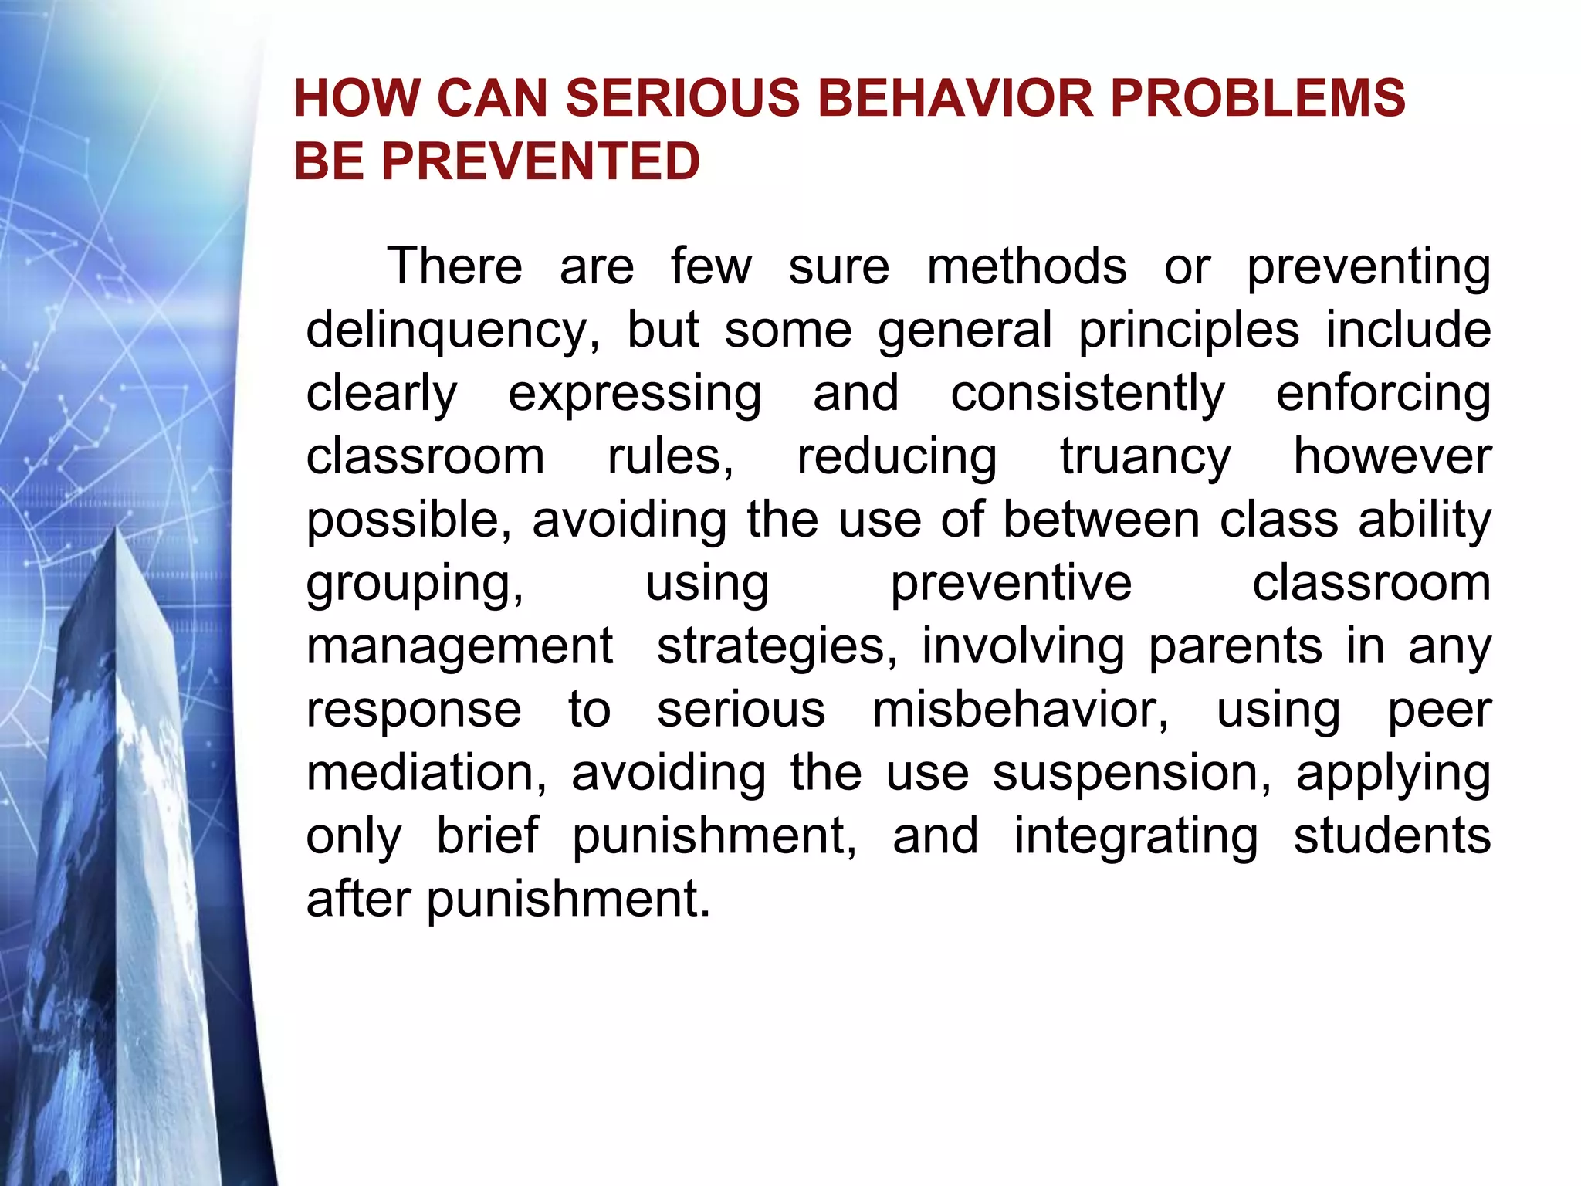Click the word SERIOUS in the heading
coord(682,98)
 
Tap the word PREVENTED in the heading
coord(540,161)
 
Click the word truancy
coord(1145,457)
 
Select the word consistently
coord(1087,394)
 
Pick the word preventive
coord(1011,583)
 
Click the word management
coord(459,647)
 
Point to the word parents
coord(1234,646)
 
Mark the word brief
coord(487,836)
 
